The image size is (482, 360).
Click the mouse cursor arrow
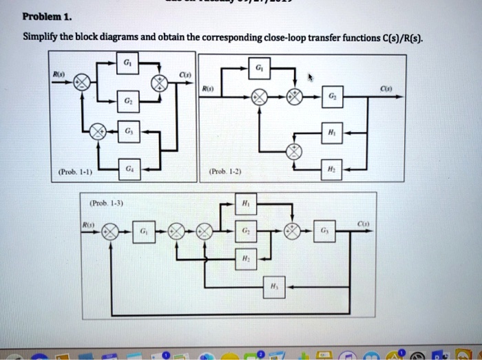click(x=311, y=78)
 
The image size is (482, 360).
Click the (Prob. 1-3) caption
click(x=107, y=203)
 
